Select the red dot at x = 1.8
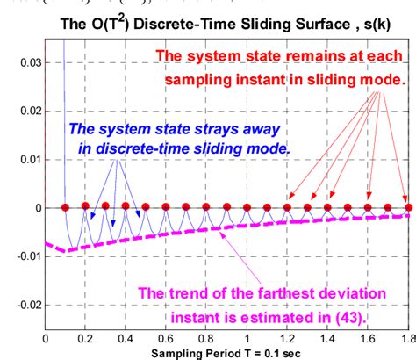pyautogui.click(x=407, y=207)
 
